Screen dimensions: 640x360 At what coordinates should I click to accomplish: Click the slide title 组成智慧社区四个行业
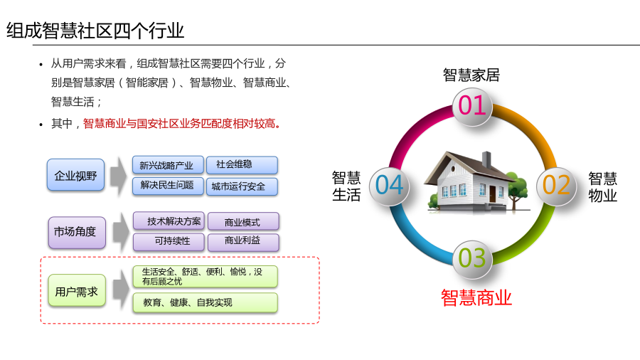[95, 31]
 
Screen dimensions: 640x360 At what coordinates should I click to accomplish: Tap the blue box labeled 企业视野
[75, 175]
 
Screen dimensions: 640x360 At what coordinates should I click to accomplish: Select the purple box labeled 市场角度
[77, 232]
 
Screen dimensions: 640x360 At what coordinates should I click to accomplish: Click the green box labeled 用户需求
[77, 291]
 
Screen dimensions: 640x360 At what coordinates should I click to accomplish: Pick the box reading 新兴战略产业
[168, 165]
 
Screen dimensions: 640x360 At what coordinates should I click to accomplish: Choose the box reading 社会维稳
[242, 165]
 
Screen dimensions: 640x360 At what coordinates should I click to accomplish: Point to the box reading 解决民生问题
[168, 186]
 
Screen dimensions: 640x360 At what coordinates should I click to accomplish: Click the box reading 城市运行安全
[242, 186]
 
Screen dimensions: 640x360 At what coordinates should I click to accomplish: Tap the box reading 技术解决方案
[169, 221]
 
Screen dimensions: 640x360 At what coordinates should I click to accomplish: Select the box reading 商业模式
[243, 222]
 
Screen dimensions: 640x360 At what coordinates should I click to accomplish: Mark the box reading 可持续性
[169, 242]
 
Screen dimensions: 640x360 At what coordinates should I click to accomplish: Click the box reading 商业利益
[243, 242]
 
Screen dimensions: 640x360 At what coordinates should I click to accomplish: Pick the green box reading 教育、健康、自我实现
[206, 302]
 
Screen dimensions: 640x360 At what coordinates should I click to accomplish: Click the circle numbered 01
[472, 107]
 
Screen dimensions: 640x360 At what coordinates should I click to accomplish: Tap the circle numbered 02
[556, 186]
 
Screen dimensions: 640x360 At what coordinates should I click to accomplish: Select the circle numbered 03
[472, 260]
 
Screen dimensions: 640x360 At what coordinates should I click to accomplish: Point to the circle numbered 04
[389, 186]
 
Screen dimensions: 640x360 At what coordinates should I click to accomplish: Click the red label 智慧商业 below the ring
[476, 297]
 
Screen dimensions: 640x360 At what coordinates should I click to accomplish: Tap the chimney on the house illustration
[486, 159]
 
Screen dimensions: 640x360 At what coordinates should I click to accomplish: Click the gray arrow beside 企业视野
[118, 176]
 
